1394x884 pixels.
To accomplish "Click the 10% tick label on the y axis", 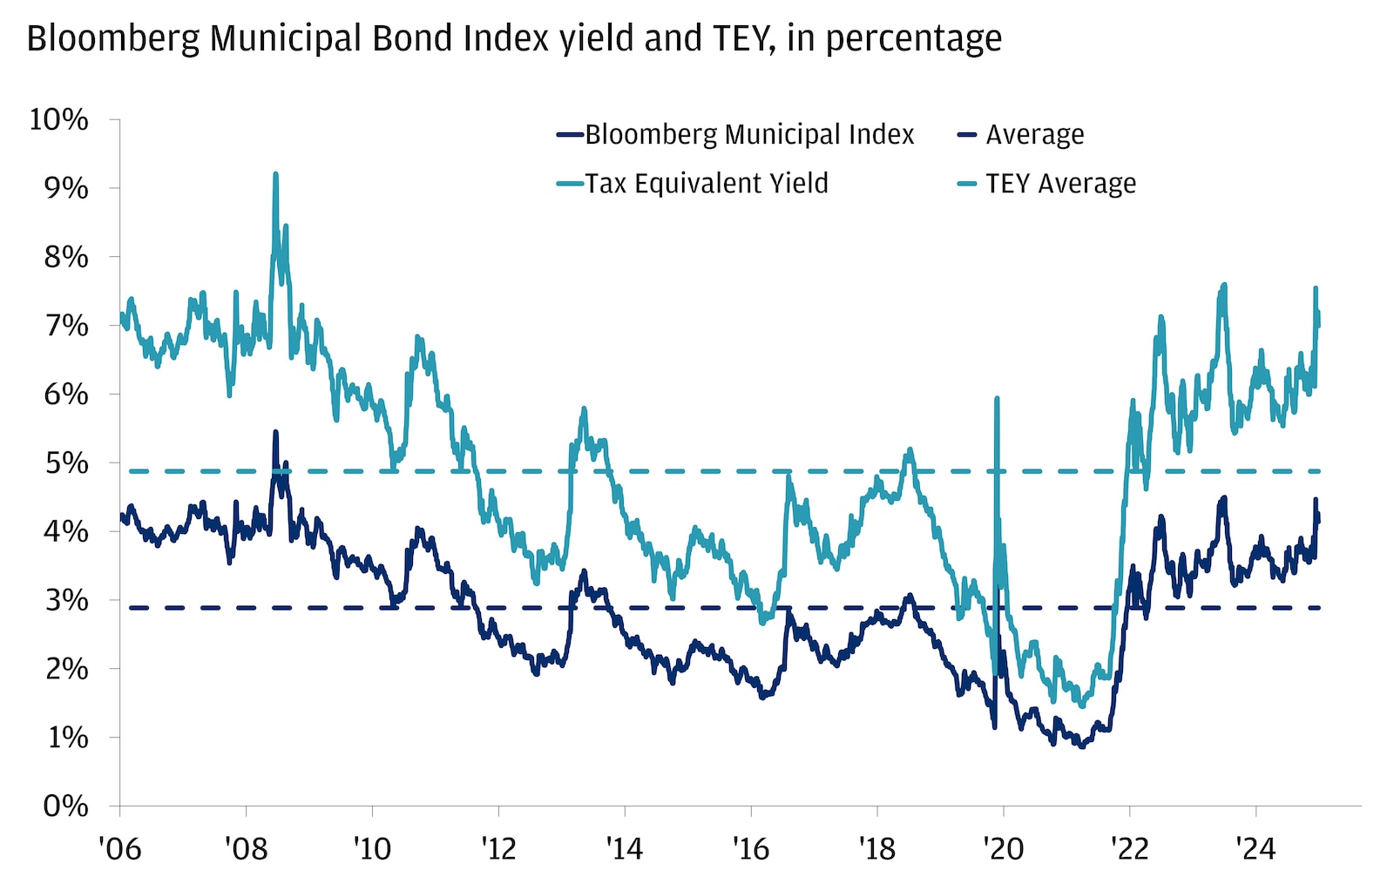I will tap(58, 119).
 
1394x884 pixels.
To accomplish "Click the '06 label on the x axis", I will tap(119, 847).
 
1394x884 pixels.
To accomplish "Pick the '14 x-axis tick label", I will tap(625, 847).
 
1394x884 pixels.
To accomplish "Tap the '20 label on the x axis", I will tap(1003, 847).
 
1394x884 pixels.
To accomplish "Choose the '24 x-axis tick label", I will tap(1255, 847).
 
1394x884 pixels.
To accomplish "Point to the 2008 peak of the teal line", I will tap(275, 174).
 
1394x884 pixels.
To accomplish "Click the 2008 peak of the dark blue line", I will tap(275, 432).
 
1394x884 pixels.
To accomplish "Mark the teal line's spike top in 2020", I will tap(996, 399).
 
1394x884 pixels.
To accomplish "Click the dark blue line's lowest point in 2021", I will tap(1082, 746).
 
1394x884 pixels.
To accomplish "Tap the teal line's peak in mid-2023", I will tap(1224, 285).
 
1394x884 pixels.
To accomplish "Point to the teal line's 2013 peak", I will tap(584, 408).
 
